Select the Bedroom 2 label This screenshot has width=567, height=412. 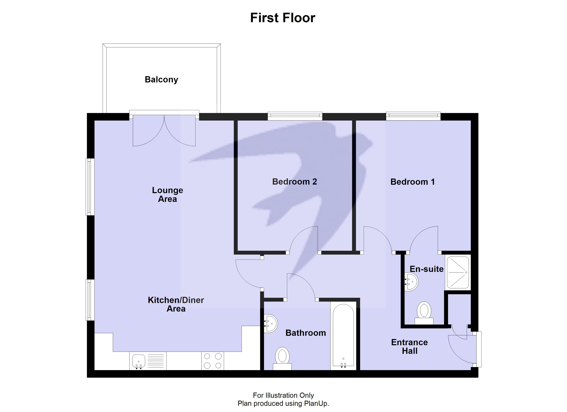click(294, 182)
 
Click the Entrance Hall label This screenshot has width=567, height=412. click(409, 347)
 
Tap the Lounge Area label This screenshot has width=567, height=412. click(168, 195)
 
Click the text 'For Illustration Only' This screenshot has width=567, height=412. click(283, 395)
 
